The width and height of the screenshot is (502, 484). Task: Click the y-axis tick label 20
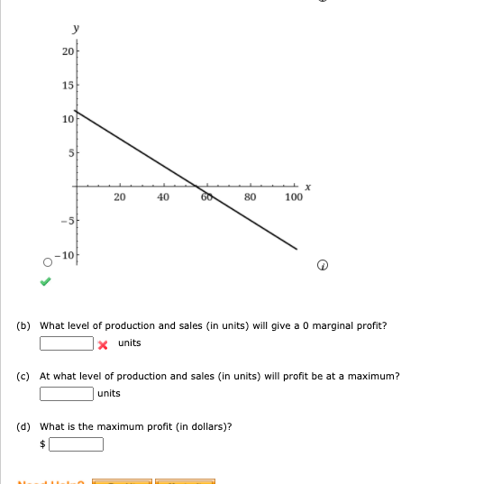click(x=68, y=50)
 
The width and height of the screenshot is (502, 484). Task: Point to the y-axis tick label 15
click(x=68, y=84)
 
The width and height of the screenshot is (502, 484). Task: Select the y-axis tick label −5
click(x=66, y=222)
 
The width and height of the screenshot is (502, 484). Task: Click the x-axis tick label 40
click(x=163, y=197)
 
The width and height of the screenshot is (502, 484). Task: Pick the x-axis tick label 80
click(x=251, y=197)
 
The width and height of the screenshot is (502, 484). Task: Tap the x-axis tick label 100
click(x=293, y=197)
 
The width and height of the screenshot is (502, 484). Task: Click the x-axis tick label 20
click(x=120, y=197)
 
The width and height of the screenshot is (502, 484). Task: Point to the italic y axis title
click(x=75, y=30)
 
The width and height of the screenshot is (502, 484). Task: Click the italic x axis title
click(x=307, y=187)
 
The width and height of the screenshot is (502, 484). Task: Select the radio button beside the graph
click(x=46, y=262)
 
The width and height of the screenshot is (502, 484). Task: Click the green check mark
click(x=46, y=281)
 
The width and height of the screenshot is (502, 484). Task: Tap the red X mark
click(x=104, y=344)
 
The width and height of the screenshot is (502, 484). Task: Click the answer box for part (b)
click(x=67, y=343)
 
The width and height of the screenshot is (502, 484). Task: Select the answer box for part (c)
click(x=67, y=394)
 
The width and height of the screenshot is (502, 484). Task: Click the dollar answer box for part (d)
click(x=77, y=444)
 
